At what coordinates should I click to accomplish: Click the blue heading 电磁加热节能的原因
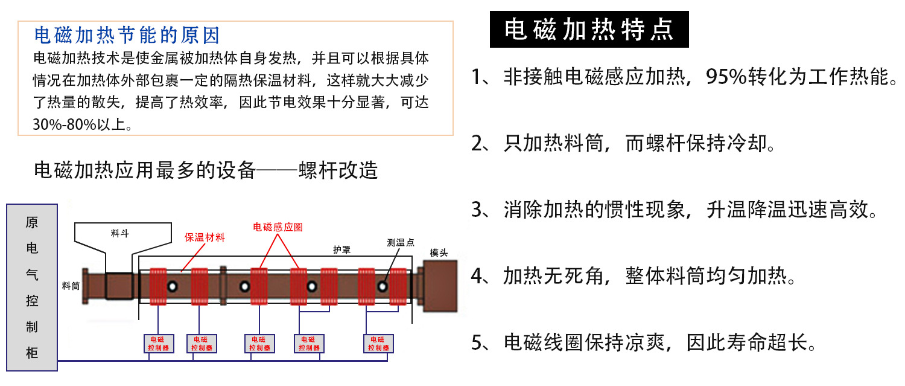pos(127,36)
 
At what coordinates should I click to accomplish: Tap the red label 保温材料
pos(205,237)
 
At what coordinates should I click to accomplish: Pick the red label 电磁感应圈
pos(278,227)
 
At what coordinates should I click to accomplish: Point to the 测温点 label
pos(401,243)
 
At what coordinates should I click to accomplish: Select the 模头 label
pos(439,253)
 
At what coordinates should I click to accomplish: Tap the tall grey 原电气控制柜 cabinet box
pos(32,287)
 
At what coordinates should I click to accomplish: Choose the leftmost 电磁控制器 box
pos(159,344)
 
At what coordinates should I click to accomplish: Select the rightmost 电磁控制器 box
pos(378,344)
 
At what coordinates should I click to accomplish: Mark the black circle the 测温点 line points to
pos(382,285)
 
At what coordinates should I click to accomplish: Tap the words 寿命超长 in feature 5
pos(766,343)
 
